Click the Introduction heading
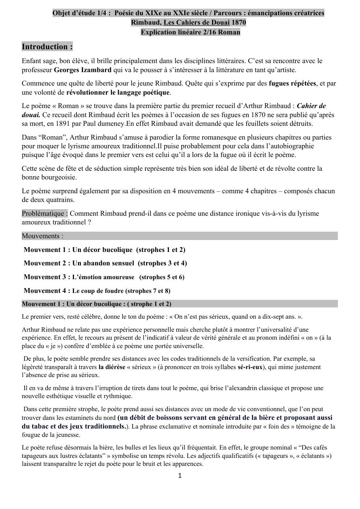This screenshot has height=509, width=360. click(x=47, y=47)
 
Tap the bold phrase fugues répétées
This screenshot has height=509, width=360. click(x=292, y=84)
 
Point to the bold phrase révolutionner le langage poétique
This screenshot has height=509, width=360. click(x=118, y=92)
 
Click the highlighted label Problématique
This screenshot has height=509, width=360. click(x=45, y=214)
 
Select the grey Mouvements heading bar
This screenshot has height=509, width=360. click(x=179, y=236)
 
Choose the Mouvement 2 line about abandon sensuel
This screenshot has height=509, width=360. click(x=105, y=263)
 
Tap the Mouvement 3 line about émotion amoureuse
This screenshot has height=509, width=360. click(x=104, y=277)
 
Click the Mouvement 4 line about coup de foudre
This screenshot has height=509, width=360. click(x=97, y=291)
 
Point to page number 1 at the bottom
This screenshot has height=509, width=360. click(x=180, y=476)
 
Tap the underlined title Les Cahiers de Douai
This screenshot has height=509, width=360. click(x=196, y=22)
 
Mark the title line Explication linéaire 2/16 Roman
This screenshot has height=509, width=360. click(x=190, y=32)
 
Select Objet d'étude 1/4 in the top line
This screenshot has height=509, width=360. click(x=79, y=13)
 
